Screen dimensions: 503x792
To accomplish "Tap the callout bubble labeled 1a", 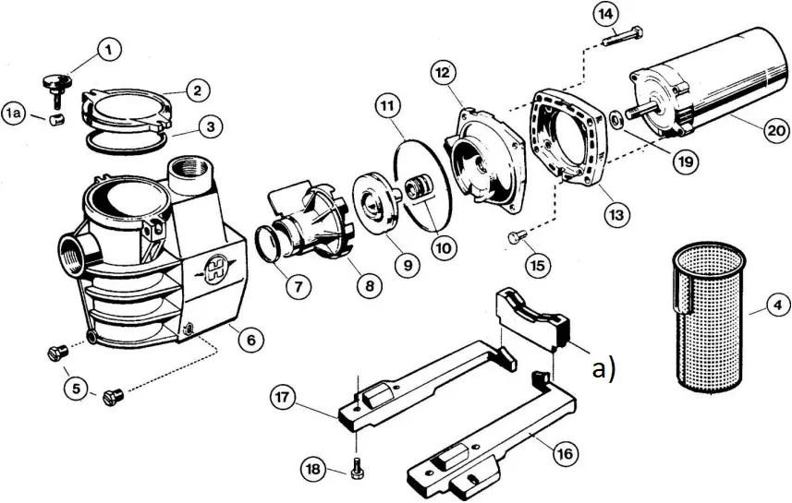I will [15, 114].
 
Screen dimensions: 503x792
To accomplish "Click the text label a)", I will [603, 369].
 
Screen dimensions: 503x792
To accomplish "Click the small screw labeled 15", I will [517, 239].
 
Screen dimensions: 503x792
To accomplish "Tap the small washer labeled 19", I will [615, 119].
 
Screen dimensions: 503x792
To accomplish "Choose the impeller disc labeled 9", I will [380, 206].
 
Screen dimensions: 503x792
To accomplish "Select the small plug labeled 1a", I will [55, 119].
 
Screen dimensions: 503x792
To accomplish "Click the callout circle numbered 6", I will [247, 339].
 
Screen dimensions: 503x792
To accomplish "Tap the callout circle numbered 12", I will [443, 72].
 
